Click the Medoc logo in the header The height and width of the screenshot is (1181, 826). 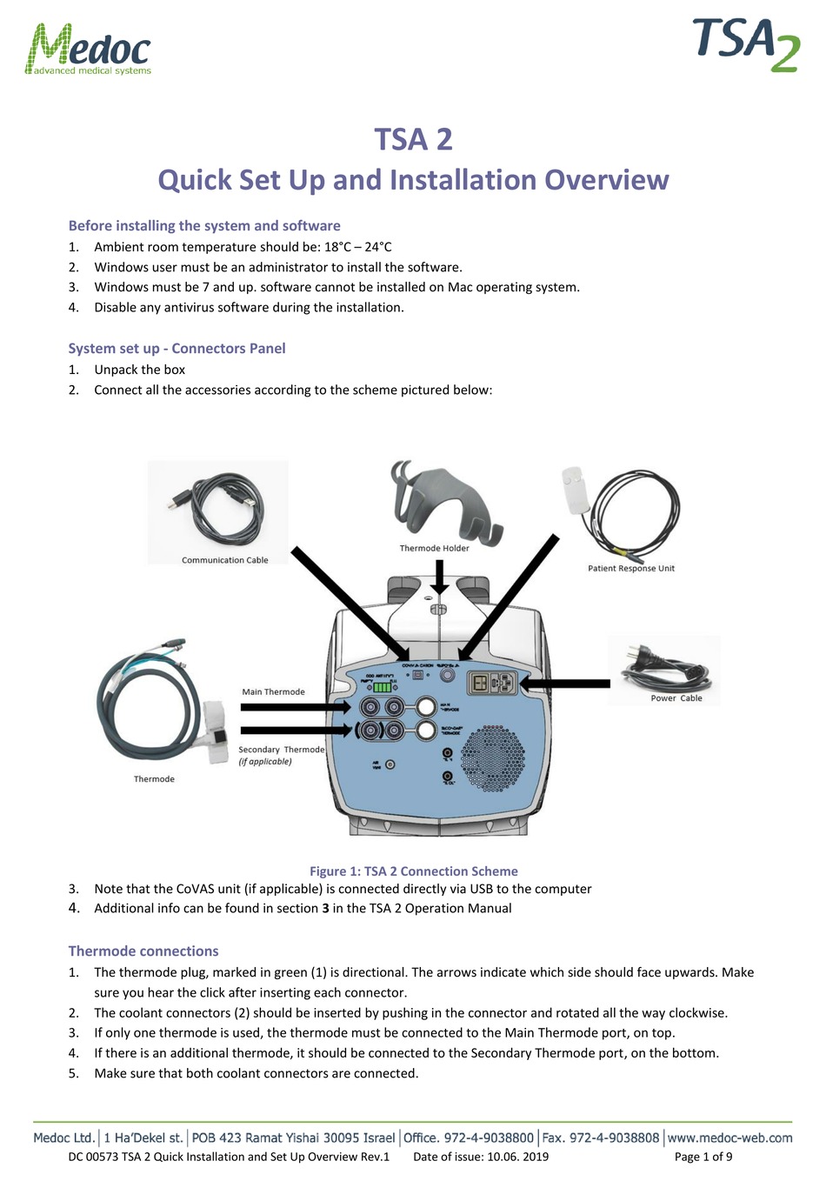coord(88,50)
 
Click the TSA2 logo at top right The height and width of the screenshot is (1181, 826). coord(746,44)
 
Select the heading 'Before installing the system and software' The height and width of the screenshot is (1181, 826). coord(204,225)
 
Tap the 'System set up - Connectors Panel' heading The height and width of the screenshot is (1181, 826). coord(177,348)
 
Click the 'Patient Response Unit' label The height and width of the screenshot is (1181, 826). coord(630,568)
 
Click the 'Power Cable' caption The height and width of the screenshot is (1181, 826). coord(676,697)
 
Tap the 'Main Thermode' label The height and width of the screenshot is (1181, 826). coord(273,691)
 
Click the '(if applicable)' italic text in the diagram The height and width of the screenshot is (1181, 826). coord(265,761)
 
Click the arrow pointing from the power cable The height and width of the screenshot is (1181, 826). coord(565,684)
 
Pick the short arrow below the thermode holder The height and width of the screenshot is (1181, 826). coord(439,577)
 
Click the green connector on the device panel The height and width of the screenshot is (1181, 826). coord(382,686)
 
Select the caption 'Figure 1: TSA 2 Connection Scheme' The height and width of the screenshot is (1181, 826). coord(413,871)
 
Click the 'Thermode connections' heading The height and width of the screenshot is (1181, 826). coord(143,951)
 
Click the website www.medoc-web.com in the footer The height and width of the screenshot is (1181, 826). coord(729,1138)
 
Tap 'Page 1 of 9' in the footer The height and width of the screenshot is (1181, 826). coord(703,1157)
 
